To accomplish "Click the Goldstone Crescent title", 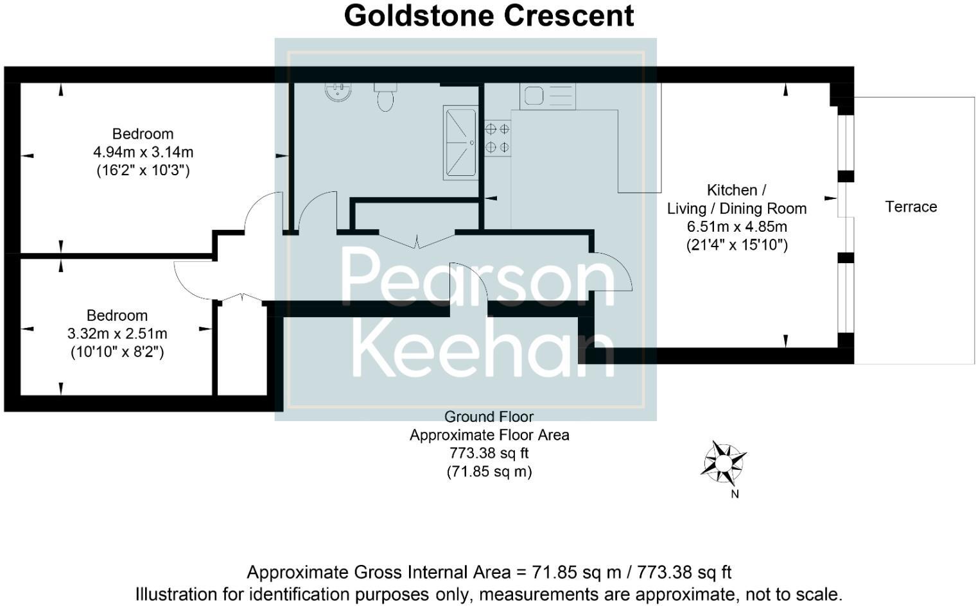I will (489, 16).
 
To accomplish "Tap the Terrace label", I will (911, 207).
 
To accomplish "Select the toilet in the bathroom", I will (385, 98).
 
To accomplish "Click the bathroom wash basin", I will (338, 92).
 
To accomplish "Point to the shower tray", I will (460, 143).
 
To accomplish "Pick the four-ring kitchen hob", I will (498, 138).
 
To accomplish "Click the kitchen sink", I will (548, 96).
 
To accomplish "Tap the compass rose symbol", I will (724, 462).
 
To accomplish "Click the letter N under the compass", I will (735, 494).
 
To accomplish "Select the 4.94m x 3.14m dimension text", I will (143, 152).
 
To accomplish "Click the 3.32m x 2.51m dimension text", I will (118, 334).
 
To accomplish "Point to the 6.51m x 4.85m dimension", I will (736, 227).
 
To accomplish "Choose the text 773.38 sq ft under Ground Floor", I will (489, 453).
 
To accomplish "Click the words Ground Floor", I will (489, 417).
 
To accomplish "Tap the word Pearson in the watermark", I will (476, 277).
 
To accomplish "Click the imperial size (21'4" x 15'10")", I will (736, 245).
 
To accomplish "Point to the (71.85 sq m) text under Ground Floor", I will (489, 472).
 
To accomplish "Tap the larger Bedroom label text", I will (143, 134).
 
